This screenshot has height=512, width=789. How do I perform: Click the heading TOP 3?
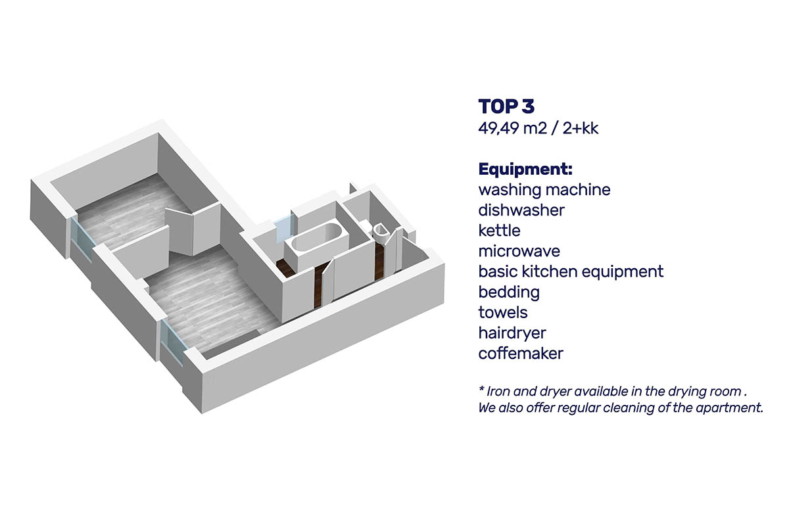click(x=506, y=106)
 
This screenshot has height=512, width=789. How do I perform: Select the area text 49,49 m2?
click(x=512, y=129)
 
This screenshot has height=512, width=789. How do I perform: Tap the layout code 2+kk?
click(x=581, y=129)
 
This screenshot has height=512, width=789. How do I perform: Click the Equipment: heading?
click(x=525, y=170)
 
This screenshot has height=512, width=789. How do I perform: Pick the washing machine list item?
click(x=544, y=190)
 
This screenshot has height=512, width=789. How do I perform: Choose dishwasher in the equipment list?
click(x=521, y=210)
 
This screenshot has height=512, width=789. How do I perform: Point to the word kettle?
click(x=499, y=231)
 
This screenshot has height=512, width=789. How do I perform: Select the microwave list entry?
click(x=519, y=251)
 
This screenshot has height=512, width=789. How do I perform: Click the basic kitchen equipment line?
click(x=571, y=272)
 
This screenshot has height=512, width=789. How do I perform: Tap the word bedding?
click(x=509, y=292)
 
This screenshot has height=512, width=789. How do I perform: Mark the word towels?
click(x=503, y=312)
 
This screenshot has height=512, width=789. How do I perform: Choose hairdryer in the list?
click(x=512, y=333)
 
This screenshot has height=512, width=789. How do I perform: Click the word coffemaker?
click(x=521, y=353)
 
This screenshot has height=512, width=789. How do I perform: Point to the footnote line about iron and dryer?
click(x=613, y=391)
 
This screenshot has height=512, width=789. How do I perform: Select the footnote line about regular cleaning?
click(x=621, y=407)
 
